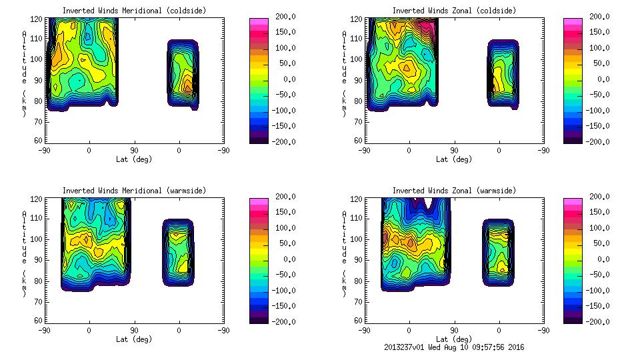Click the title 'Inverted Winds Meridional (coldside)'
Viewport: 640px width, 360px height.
tap(133, 11)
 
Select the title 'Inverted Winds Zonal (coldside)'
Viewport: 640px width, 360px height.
tap(453, 11)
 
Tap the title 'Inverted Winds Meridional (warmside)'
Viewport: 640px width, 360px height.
tap(133, 191)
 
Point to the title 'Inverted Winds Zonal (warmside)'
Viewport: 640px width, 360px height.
tap(453, 191)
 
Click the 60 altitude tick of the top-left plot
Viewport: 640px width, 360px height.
tap(38, 141)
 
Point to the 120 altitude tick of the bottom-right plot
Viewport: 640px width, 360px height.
tap(356, 198)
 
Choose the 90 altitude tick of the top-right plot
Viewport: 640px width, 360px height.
tap(358, 79)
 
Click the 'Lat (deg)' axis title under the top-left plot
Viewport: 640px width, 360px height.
tap(133, 159)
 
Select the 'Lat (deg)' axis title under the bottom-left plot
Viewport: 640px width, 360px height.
tap(133, 339)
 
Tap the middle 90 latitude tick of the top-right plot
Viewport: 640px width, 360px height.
tap(454, 150)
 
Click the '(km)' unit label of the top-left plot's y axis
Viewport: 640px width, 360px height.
tap(24, 104)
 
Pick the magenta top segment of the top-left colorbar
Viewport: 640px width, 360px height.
tap(258, 21)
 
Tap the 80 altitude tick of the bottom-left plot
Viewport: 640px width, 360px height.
tap(38, 281)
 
